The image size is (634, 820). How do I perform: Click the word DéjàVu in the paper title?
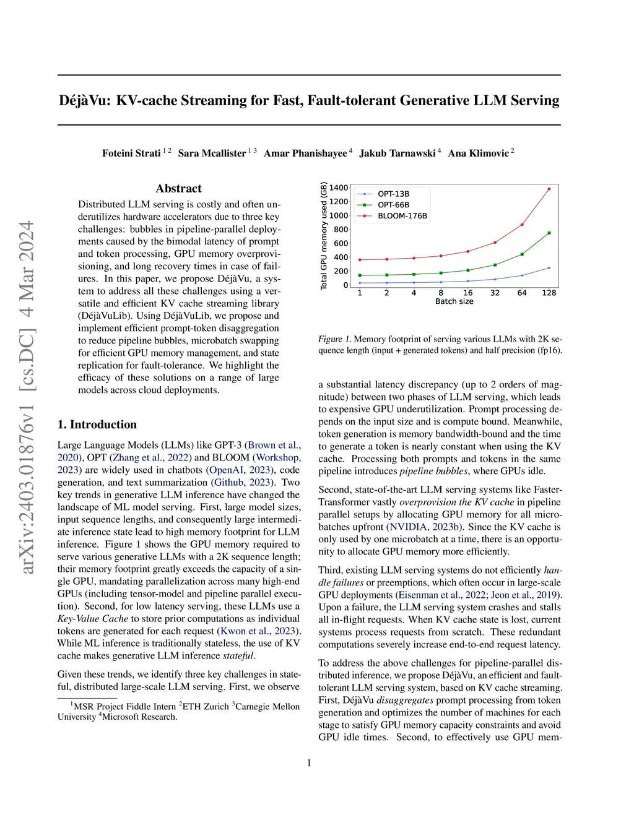point(85,101)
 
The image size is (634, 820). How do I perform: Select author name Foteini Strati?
point(131,153)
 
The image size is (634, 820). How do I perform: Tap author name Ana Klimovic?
point(478,153)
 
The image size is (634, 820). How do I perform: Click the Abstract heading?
point(178,189)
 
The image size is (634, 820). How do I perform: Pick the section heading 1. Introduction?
point(97,425)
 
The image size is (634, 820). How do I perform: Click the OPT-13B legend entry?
point(393,194)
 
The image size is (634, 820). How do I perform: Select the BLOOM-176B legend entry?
point(402,216)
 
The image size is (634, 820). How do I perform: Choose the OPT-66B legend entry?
point(393,205)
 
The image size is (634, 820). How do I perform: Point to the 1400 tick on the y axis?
point(339,188)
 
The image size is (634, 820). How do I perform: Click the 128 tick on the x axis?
point(549,293)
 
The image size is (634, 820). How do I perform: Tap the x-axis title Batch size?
point(454,301)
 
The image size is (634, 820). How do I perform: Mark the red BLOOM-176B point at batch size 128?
point(549,189)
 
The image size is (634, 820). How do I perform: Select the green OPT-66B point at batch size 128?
point(549,233)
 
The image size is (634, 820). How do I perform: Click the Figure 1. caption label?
point(334,339)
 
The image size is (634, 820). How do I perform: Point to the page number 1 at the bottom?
point(309,763)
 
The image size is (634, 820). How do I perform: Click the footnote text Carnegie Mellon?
point(267,707)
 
